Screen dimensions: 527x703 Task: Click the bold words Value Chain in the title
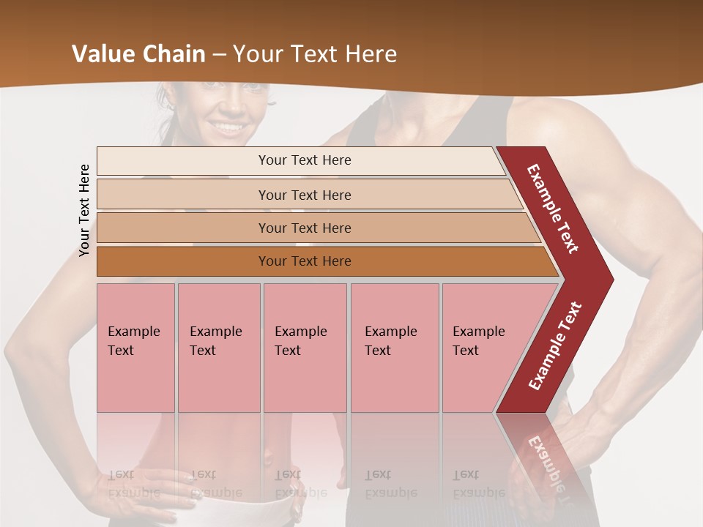click(138, 54)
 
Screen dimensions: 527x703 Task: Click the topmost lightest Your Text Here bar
click(304, 160)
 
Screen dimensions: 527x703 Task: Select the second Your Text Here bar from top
click(305, 195)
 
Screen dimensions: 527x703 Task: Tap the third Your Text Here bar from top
click(305, 228)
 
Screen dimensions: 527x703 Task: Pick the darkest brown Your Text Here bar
click(305, 261)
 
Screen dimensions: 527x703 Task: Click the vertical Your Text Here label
click(84, 210)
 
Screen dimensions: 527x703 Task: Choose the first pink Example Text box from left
click(135, 347)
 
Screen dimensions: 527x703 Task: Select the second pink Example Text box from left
click(218, 347)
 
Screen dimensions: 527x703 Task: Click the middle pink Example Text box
click(305, 347)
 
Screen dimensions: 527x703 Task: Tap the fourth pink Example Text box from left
click(394, 347)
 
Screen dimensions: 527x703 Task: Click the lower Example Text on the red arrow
click(555, 346)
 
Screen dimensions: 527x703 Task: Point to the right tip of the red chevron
click(611, 280)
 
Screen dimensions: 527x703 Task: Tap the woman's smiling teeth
click(230, 127)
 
